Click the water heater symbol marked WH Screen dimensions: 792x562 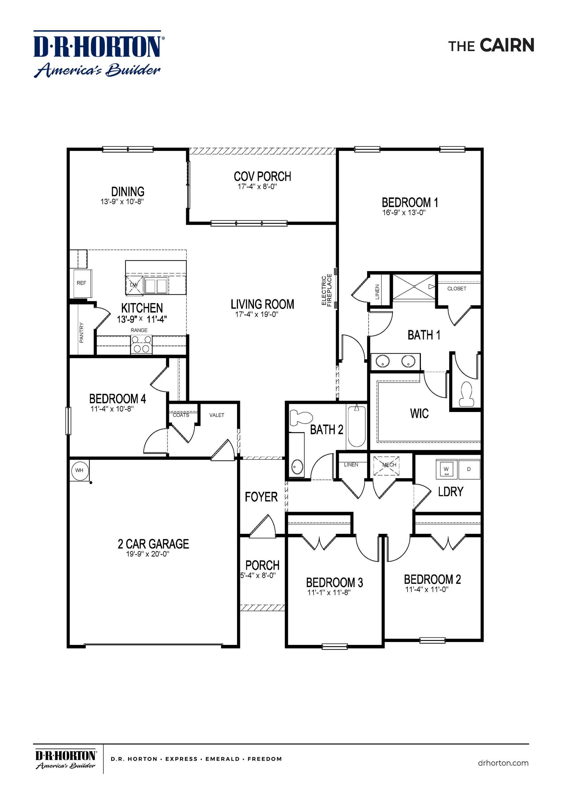click(x=79, y=470)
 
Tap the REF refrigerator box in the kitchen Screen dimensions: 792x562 click(x=81, y=283)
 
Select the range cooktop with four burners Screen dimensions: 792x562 click(x=141, y=344)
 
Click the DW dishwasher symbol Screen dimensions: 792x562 click(x=134, y=285)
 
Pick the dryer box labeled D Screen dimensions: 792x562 click(x=469, y=469)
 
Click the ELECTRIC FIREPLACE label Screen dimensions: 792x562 click(x=326, y=290)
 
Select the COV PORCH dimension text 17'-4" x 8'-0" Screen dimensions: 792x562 click(x=257, y=187)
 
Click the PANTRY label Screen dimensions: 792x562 click(x=82, y=333)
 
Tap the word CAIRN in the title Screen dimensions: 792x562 click(x=507, y=45)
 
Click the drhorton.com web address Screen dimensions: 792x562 click(x=503, y=763)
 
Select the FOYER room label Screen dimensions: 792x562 click(x=261, y=497)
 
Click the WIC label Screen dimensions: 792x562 click(x=419, y=413)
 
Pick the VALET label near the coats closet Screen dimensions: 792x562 click(x=217, y=415)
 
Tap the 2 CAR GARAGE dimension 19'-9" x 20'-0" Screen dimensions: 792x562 click(x=147, y=554)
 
